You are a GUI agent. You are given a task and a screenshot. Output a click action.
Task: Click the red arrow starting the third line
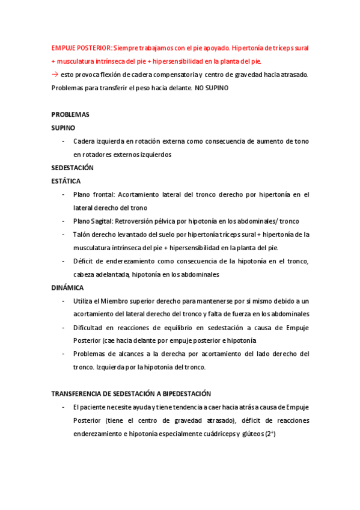[x=55, y=74]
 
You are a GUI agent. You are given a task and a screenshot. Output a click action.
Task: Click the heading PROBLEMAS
[x=70, y=114]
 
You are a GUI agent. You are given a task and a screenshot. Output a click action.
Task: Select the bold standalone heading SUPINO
[x=63, y=127]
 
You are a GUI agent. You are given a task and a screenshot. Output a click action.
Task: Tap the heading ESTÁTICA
[x=66, y=181]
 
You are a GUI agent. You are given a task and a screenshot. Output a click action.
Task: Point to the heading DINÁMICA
[x=67, y=287]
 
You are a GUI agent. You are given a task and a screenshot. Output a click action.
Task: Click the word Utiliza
[x=84, y=301]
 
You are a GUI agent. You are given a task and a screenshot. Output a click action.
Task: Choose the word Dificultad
[x=89, y=327]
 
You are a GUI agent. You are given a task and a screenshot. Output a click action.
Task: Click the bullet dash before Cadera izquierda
[x=63, y=141]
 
